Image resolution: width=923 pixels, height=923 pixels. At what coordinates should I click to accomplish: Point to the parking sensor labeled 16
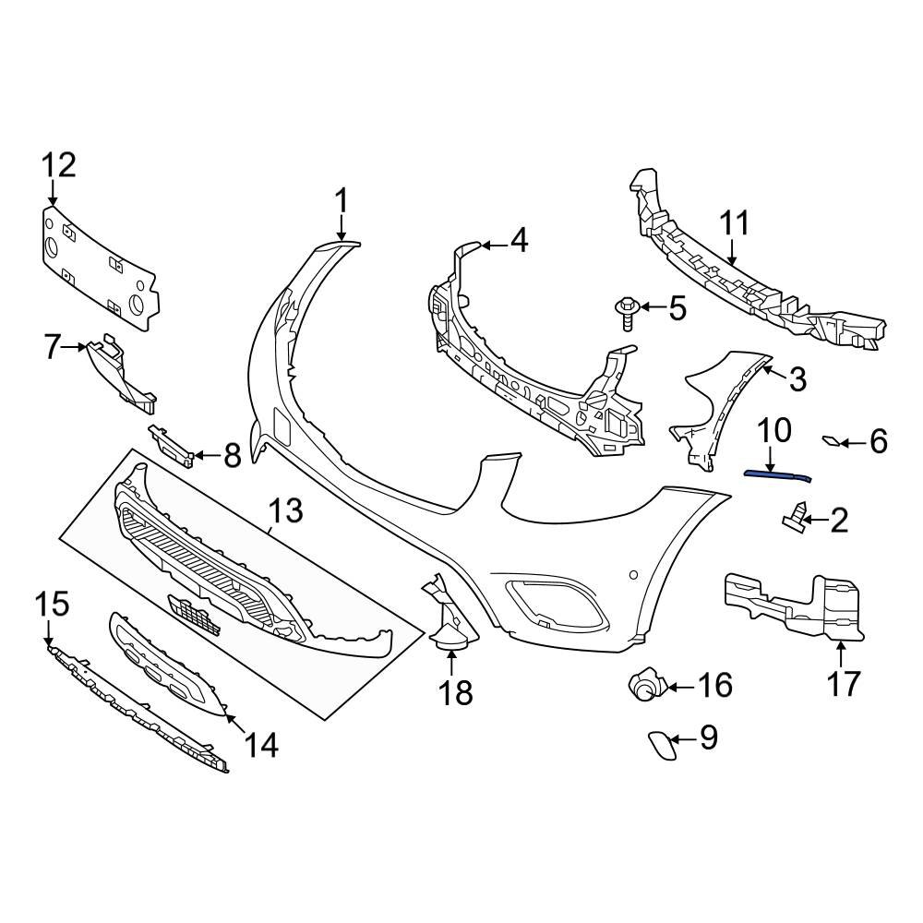coord(643,685)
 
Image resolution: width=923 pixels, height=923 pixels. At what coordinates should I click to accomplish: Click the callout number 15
coord(52,605)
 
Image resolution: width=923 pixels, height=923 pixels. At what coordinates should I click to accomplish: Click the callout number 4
coord(519,242)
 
